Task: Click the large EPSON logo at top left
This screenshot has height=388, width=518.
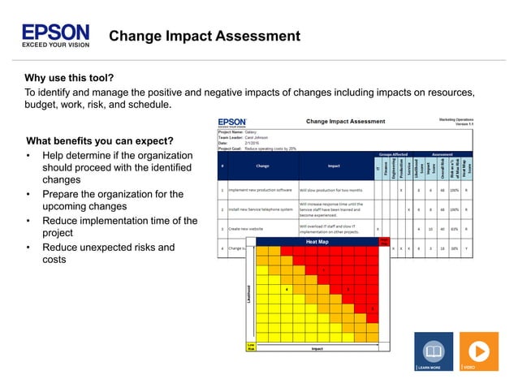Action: click(x=55, y=33)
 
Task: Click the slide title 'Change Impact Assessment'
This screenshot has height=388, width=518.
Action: click(x=205, y=37)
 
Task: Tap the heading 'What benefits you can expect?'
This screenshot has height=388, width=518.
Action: click(x=99, y=140)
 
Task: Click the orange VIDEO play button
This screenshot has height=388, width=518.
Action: click(x=479, y=350)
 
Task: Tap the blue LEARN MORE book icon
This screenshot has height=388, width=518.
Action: click(x=434, y=350)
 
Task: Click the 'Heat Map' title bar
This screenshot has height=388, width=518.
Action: click(x=317, y=242)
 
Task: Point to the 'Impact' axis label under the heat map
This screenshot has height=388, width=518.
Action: click(x=317, y=349)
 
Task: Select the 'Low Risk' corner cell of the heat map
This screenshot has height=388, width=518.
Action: click(x=251, y=347)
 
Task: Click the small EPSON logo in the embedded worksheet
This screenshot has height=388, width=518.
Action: click(x=232, y=122)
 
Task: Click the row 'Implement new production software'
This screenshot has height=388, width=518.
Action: click(x=260, y=190)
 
